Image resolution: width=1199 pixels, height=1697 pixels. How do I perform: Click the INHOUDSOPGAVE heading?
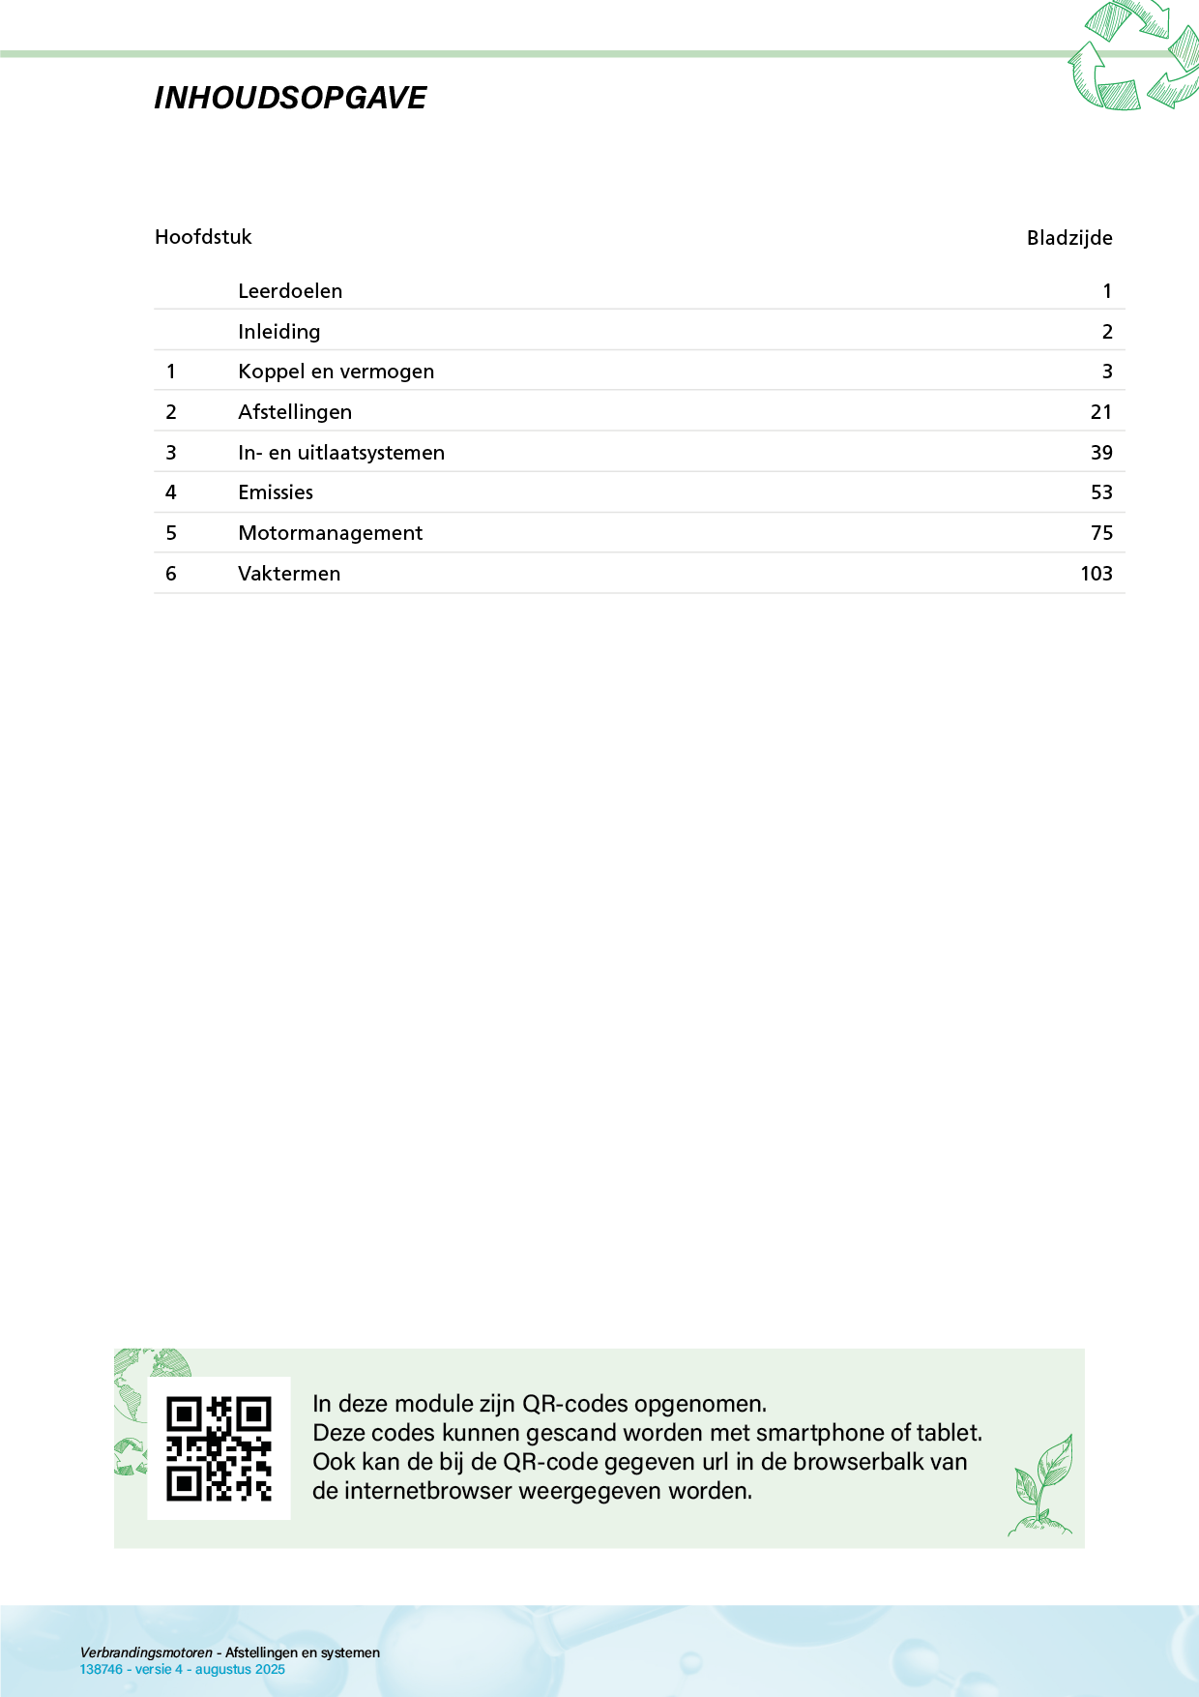tap(290, 98)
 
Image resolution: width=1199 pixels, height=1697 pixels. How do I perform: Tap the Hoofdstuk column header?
tap(203, 237)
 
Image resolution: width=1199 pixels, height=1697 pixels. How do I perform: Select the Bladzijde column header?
tap(1068, 238)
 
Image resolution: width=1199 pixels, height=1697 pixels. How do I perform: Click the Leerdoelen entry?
tap(290, 291)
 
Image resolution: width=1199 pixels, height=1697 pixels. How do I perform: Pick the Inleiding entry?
tap(278, 332)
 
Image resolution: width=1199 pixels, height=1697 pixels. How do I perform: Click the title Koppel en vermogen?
tap(336, 372)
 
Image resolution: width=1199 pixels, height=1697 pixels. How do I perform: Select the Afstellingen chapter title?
tap(295, 412)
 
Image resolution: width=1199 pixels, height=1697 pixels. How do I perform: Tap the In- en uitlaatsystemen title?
tap(341, 453)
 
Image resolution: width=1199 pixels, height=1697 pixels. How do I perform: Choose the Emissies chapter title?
tap(276, 492)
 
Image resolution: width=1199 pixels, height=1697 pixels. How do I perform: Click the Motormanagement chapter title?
tap(330, 533)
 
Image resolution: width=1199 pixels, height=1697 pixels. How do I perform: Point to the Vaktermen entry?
tap(289, 574)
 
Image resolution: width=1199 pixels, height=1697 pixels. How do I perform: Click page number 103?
tap(1096, 574)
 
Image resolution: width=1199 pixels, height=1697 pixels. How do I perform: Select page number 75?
tap(1101, 533)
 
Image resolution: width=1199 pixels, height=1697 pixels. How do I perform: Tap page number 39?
tap(1101, 453)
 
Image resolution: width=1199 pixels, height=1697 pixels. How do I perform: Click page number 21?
tap(1101, 412)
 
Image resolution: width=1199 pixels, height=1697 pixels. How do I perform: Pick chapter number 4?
tap(171, 492)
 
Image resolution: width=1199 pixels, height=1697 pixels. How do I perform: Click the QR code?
tap(219, 1448)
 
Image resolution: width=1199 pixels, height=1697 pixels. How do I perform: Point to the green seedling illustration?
tap(1041, 1485)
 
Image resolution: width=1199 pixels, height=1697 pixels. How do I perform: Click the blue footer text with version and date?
tap(183, 1669)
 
